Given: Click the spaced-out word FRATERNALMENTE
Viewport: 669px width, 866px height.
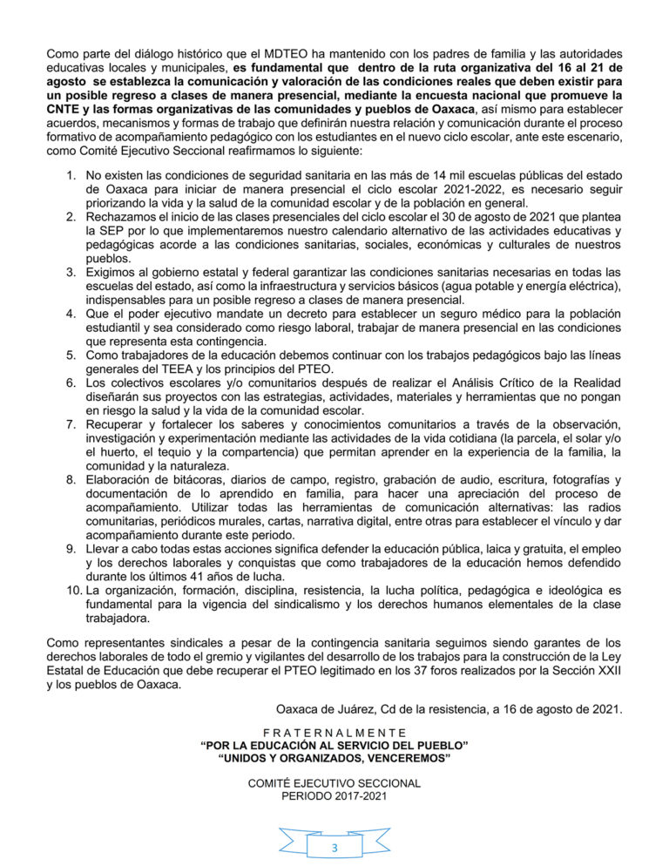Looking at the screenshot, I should tap(334, 733).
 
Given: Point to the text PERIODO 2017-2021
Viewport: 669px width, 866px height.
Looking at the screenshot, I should tap(334, 796).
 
